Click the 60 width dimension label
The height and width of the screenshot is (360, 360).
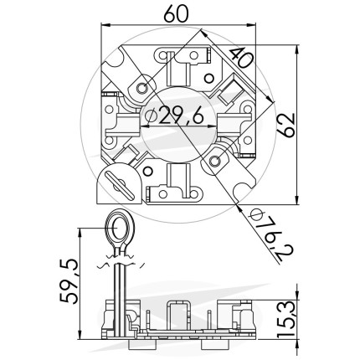[x=177, y=14]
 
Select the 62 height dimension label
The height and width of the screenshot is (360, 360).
[x=286, y=125]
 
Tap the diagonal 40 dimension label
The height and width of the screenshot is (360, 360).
[x=241, y=58]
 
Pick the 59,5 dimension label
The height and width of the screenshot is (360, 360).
[x=69, y=280]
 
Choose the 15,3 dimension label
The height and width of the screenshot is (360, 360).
[x=286, y=320]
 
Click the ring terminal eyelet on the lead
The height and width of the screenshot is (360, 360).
[x=120, y=229]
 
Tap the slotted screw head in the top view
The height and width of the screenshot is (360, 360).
[x=120, y=185]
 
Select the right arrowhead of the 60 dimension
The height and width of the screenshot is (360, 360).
[x=251, y=25]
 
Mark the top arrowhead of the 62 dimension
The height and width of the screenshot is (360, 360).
[x=297, y=49]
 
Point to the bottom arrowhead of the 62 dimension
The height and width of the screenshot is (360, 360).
[x=297, y=199]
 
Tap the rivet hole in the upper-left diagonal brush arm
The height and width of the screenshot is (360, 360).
[x=142, y=88]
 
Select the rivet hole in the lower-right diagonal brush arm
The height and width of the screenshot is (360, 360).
[x=214, y=161]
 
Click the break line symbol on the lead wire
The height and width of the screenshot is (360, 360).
[x=121, y=261]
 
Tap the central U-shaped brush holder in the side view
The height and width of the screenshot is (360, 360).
[x=178, y=315]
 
